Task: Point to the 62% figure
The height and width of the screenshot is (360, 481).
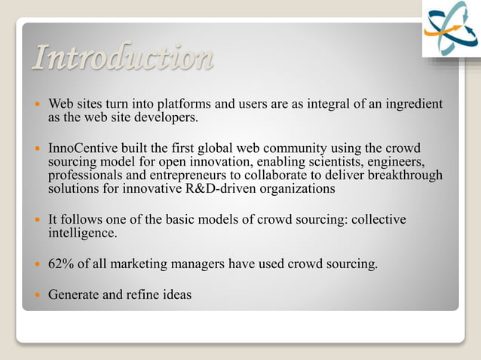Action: pos(60,264)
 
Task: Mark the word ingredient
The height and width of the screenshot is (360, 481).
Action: pos(412,103)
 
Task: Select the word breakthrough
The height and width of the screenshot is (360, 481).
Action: pos(406,175)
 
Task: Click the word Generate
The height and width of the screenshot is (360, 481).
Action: pos(74,294)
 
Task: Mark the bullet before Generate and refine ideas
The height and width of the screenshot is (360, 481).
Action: pos(35,295)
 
